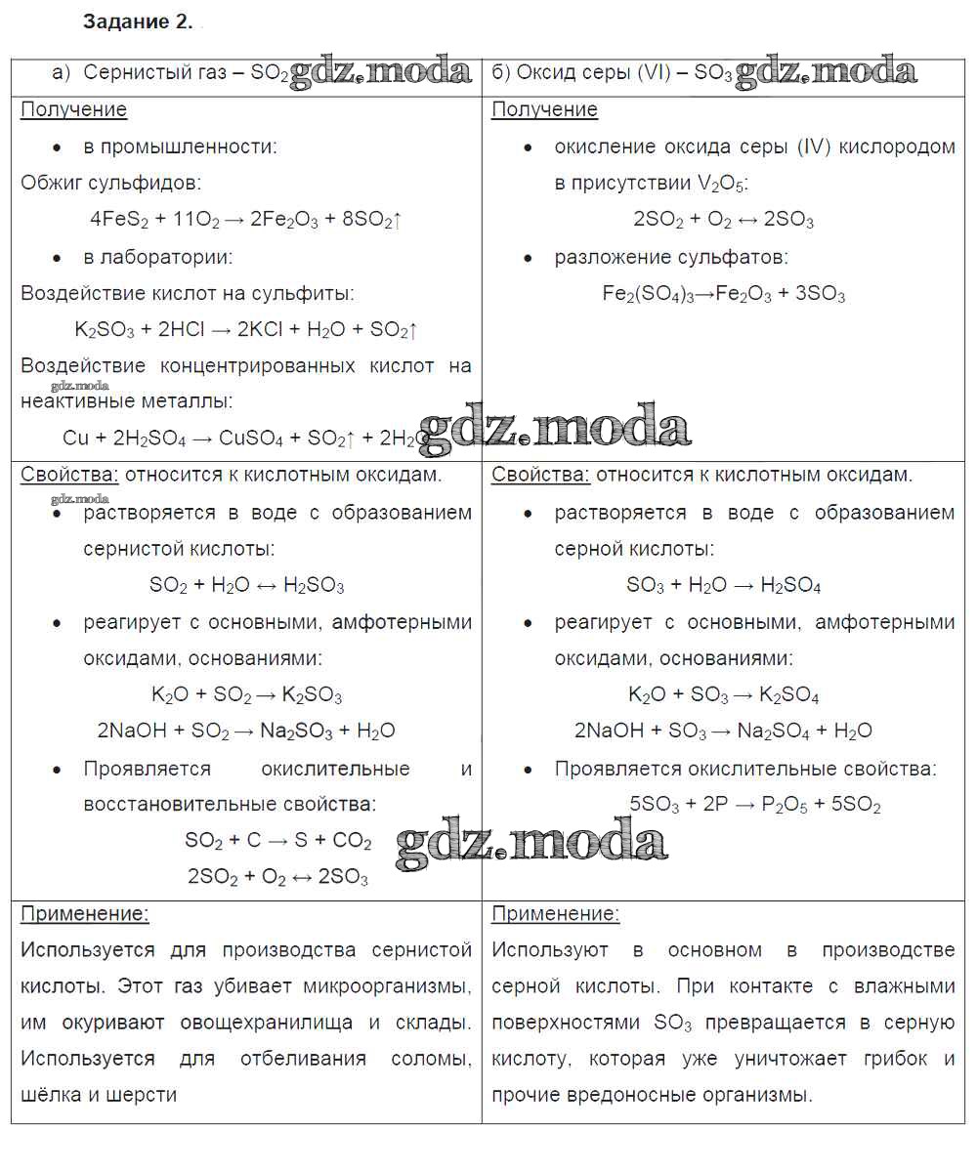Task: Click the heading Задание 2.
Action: click(138, 22)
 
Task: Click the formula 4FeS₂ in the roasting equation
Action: click(119, 221)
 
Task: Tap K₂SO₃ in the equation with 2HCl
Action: click(105, 331)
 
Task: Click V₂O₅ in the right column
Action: click(719, 184)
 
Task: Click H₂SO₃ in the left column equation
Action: click(314, 586)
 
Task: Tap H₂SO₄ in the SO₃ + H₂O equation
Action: click(789, 586)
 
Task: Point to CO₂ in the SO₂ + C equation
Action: click(352, 841)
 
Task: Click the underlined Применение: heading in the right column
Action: click(554, 914)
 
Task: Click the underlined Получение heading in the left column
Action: click(73, 109)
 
